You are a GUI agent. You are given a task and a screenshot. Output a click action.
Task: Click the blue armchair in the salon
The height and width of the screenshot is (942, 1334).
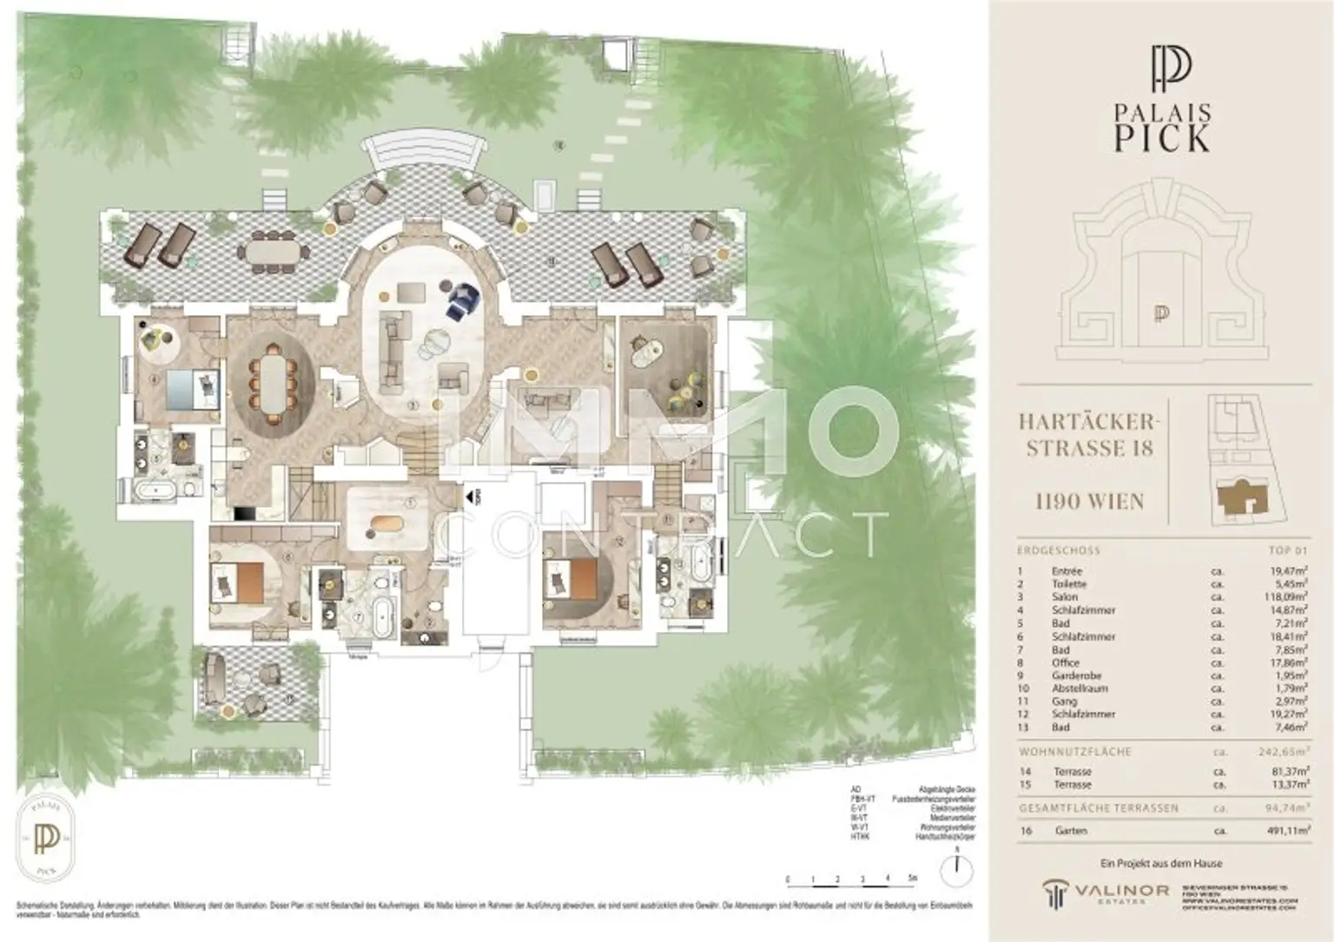click(463, 300)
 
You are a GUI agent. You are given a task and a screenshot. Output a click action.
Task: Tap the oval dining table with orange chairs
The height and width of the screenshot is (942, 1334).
click(273, 378)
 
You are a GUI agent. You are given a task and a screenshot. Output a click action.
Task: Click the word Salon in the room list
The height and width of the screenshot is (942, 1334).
click(1065, 597)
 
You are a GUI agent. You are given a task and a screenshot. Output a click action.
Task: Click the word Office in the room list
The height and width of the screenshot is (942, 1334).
click(1066, 662)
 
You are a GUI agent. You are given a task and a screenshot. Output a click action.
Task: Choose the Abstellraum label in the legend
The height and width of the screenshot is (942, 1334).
click(1077, 688)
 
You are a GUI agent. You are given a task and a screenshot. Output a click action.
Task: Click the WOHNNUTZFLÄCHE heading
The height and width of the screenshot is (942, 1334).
click(1074, 752)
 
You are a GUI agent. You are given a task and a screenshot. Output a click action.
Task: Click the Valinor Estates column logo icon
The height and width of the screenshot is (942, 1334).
click(1056, 893)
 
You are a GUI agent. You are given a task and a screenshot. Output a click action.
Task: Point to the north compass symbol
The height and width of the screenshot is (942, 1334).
click(956, 865)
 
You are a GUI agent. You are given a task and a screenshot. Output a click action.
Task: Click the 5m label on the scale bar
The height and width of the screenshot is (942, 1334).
click(912, 879)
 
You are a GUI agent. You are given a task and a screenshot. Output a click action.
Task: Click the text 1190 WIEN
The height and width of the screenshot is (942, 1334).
click(1089, 501)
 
